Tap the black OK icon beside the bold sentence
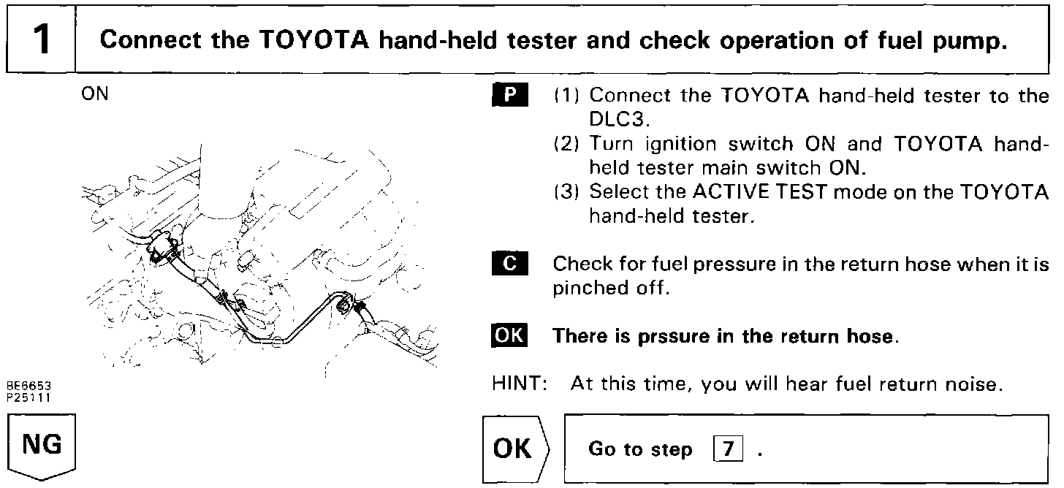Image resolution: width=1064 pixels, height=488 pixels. pos(509,336)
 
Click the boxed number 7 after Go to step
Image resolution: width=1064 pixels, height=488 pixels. pos(727,449)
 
